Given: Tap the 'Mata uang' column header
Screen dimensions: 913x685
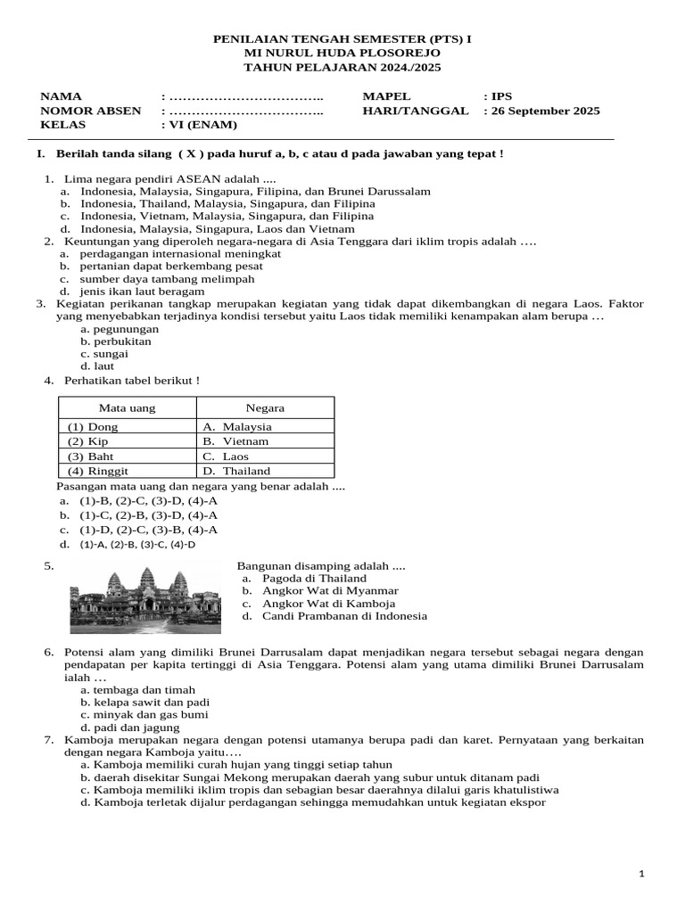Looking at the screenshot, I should point(127,408).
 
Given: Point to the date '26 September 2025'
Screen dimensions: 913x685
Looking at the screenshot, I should point(545,111).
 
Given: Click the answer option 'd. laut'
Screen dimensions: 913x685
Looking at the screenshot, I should point(97,366).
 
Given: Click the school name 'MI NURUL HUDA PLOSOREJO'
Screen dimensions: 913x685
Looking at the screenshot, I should point(342,53).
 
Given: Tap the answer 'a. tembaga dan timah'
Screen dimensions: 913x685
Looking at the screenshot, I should point(137,690).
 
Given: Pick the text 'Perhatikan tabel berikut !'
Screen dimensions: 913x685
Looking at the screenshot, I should point(132,381).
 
